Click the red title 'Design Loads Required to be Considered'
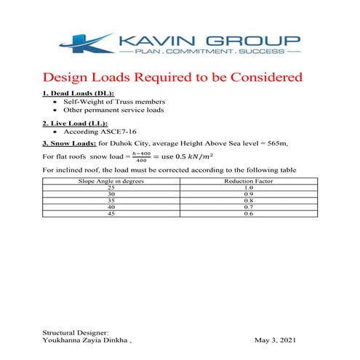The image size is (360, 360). [x=173, y=77]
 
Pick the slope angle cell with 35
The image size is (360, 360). [x=111, y=200]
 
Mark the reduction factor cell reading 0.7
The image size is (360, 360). [x=248, y=207]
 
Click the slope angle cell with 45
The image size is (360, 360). [x=111, y=213]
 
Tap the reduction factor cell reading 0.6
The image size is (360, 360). [x=248, y=213]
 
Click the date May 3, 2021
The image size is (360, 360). [x=276, y=340]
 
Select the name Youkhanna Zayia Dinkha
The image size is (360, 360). [x=86, y=340]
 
